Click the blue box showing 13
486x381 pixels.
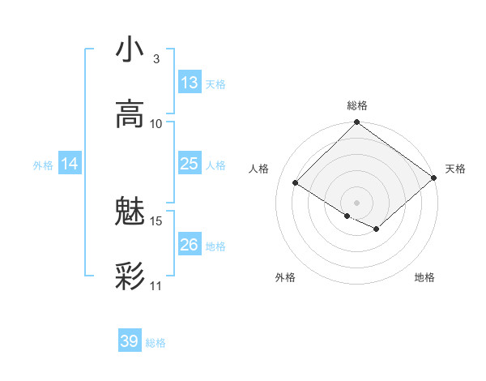click(190, 83)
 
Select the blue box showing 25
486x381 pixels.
click(190, 164)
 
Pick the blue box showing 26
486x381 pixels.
click(190, 245)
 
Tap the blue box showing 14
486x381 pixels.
click(70, 164)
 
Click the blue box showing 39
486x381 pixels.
click(130, 341)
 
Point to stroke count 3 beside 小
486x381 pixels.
click(156, 59)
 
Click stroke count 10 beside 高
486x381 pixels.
click(156, 123)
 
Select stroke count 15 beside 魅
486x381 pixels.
click(156, 220)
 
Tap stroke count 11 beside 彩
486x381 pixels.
click(156, 285)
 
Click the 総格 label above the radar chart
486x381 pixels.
click(357, 105)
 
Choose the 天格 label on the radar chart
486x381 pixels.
click(455, 169)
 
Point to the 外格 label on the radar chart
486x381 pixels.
click(285, 277)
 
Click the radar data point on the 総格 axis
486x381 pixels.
click(357, 123)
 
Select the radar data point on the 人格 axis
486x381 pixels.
click(296, 183)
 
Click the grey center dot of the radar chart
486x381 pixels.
click(357, 202)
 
